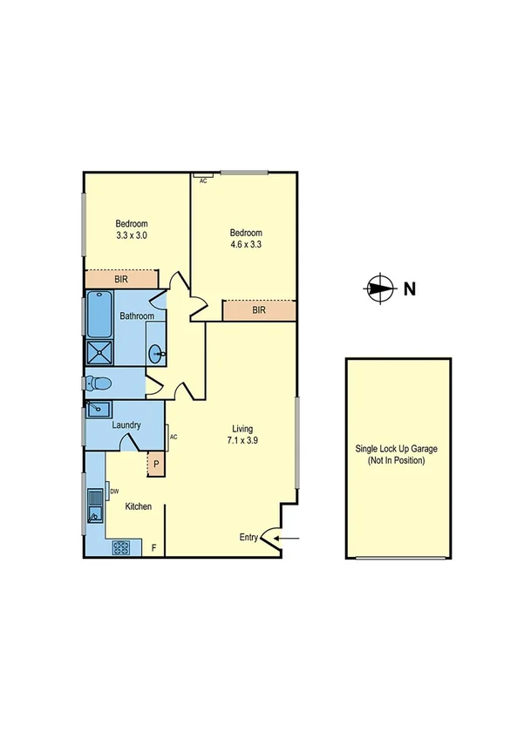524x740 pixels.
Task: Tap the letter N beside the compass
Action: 409,289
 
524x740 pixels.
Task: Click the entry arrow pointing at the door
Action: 289,538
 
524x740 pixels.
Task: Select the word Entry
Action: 249,538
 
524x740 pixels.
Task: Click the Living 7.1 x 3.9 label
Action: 242,434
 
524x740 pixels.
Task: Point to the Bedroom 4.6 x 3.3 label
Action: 245,238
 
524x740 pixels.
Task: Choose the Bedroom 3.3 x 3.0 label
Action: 131,229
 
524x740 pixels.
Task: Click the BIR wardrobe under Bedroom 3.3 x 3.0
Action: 121,279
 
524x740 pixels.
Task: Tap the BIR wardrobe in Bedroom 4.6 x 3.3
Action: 259,310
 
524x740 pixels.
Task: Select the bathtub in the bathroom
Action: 99,316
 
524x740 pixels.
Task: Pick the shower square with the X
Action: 99,352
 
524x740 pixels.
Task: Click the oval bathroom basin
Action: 157,353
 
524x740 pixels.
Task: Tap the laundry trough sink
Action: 99,409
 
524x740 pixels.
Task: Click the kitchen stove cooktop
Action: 119,548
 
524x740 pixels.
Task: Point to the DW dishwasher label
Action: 114,492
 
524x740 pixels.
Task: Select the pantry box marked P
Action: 156,464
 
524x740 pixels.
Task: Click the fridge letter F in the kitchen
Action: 154,548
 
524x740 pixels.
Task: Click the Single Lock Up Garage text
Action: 397,454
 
